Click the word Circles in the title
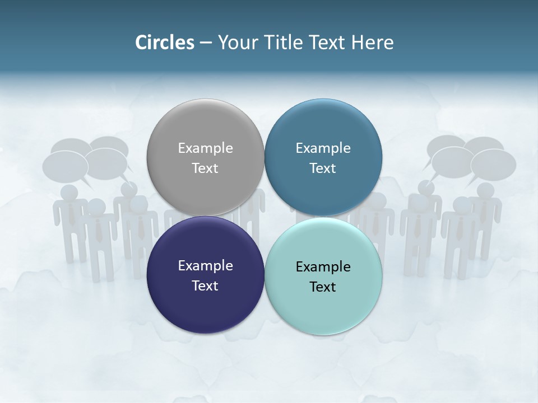(x=164, y=43)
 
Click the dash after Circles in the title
(x=205, y=43)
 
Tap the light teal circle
(x=323, y=305)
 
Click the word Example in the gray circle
(x=205, y=148)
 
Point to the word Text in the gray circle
(x=205, y=168)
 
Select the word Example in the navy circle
(x=205, y=265)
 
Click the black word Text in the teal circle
(x=323, y=287)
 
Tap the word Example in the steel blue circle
(x=323, y=148)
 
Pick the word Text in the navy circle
(x=205, y=285)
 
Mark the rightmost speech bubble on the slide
(x=494, y=164)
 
